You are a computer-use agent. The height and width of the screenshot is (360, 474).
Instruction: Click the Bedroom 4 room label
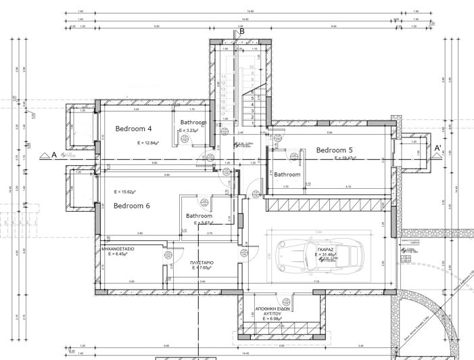coord(133,129)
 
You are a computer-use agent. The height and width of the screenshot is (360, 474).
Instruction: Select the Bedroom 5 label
coord(335,150)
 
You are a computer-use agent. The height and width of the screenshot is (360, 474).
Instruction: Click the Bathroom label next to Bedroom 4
coord(193,122)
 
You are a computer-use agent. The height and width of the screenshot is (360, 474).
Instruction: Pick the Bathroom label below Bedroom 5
coord(287,175)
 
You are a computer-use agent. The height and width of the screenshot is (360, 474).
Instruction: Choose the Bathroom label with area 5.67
coord(199,217)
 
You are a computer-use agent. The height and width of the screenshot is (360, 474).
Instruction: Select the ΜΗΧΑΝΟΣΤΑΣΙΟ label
coord(118,249)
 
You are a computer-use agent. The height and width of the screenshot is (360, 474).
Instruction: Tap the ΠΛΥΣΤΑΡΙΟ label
coord(202,262)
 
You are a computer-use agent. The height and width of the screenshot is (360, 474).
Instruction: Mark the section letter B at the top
coord(241,30)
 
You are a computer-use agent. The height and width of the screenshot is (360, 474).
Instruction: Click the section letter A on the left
coord(53,154)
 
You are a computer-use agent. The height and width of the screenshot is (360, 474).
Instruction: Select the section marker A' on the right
coord(437,148)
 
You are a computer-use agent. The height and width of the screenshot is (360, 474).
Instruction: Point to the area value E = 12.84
coord(147,143)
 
